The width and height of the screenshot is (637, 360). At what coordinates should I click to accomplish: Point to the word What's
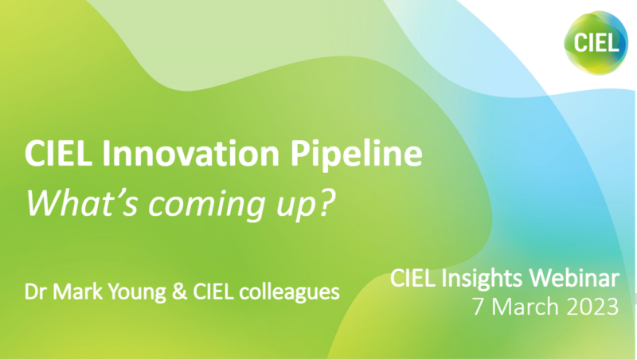[x=75, y=202]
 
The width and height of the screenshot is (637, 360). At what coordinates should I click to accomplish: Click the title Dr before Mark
[x=37, y=288]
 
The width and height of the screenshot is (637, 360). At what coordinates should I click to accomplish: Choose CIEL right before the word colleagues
[x=213, y=288]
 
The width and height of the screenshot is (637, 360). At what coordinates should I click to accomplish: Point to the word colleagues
[x=289, y=290]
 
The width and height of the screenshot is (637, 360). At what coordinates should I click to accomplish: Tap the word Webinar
[x=578, y=278]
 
